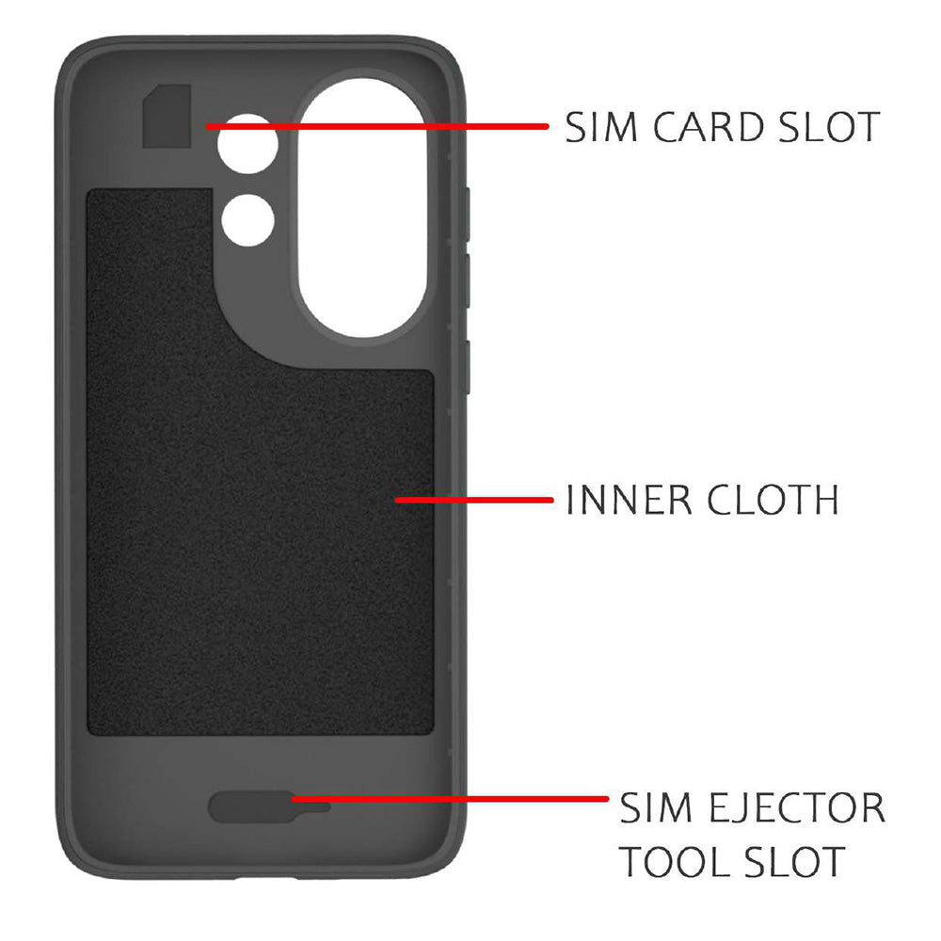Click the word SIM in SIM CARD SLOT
tap(600, 127)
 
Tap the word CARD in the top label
tap(709, 127)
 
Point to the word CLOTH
tap(773, 500)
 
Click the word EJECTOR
tap(797, 807)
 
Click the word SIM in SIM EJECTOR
tap(656, 807)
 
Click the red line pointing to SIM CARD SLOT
tap(377, 126)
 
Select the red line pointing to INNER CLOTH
tap(473, 500)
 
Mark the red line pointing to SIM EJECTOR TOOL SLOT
tap(450, 799)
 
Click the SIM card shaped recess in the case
tap(167, 116)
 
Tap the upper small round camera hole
tap(247, 144)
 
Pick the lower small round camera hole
tap(247, 219)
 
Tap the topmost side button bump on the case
tap(466, 215)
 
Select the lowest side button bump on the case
tap(466, 367)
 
